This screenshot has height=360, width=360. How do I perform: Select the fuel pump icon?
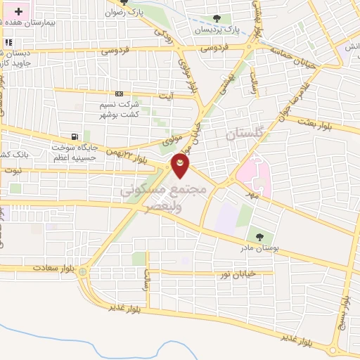[75, 136]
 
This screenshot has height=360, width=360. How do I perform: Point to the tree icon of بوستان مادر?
[260, 236]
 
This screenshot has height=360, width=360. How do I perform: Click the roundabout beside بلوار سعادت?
[83, 271]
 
